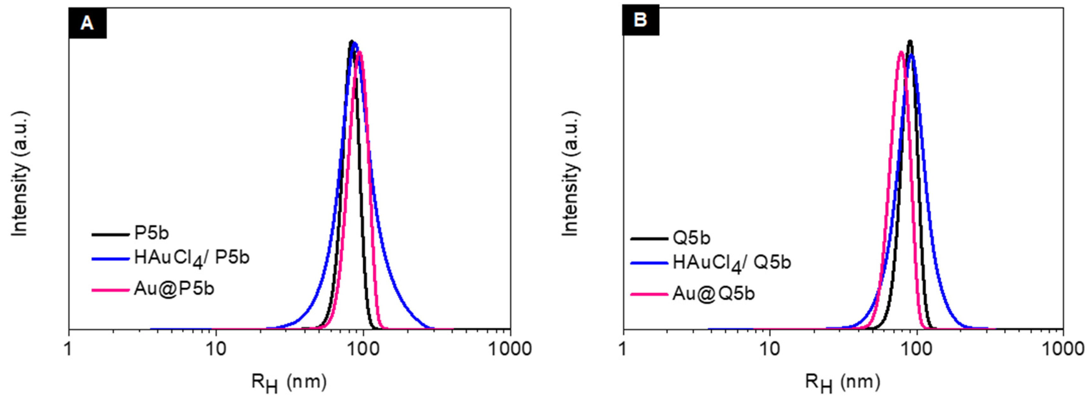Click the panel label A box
pyautogui.click(x=87, y=23)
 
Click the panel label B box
pyautogui.click(x=640, y=20)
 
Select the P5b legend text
pyautogui.click(x=151, y=233)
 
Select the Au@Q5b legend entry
pyautogui.click(x=713, y=293)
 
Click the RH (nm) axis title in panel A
pyautogui.click(x=289, y=383)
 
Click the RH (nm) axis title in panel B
pyautogui.click(x=842, y=383)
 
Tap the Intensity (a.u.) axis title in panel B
pyautogui.click(x=571, y=173)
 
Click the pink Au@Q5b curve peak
pyautogui.click(x=901, y=52)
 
